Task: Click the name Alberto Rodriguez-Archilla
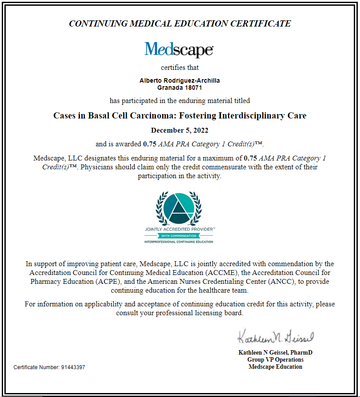click(179, 80)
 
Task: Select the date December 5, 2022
click(179, 130)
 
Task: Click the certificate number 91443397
click(73, 367)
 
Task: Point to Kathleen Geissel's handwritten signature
click(275, 337)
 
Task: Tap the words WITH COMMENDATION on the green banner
click(179, 236)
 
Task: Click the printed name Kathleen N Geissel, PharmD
click(275, 353)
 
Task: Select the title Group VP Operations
click(275, 359)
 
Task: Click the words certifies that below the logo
click(179, 68)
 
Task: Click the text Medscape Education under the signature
click(275, 366)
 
